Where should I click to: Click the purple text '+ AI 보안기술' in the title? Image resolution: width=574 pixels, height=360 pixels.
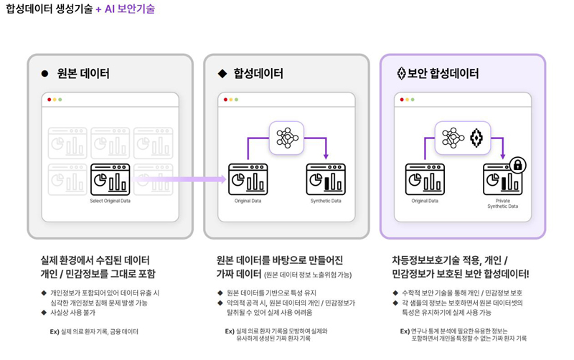pos(125,9)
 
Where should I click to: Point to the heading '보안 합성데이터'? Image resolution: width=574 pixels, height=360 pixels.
pos(443,73)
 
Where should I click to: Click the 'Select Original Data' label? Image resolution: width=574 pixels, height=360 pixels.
pos(110,201)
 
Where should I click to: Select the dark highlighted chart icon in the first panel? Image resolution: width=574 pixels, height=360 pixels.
pos(110,179)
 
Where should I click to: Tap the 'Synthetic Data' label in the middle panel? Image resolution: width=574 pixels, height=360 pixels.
pos(326,201)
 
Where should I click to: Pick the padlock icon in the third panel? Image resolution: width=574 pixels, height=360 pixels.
pos(517,166)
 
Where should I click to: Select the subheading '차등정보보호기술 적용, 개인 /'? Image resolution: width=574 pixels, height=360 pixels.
pos(450,260)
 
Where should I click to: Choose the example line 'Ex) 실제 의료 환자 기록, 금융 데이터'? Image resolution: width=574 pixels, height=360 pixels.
pos(94,332)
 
